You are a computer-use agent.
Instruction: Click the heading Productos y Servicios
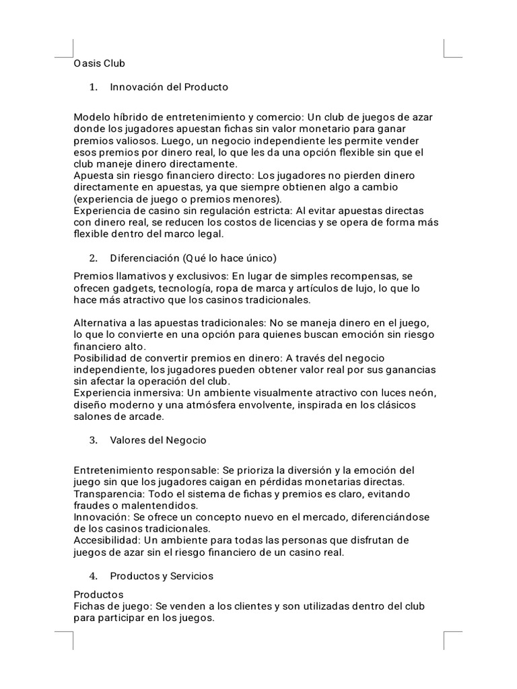click(162, 576)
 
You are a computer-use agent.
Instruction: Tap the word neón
click(422, 394)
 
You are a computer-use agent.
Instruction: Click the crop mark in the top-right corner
click(452, 48)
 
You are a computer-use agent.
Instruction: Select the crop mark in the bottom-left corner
click(64, 641)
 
